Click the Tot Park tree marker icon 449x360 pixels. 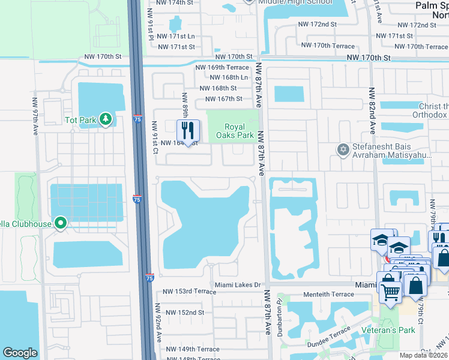point(106,120)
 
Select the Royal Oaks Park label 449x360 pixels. point(240,131)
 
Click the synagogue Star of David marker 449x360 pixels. point(343,149)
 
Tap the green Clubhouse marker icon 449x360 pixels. point(60,224)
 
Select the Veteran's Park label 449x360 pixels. point(389,331)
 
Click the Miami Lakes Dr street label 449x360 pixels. point(239,285)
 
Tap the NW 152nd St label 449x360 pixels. point(185,313)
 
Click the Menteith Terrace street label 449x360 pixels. point(329,295)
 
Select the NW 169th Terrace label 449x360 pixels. point(221,68)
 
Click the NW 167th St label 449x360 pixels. point(223,99)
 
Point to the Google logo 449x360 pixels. point(20,353)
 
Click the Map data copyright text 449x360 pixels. point(423,355)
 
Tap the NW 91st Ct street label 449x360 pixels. point(154,137)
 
